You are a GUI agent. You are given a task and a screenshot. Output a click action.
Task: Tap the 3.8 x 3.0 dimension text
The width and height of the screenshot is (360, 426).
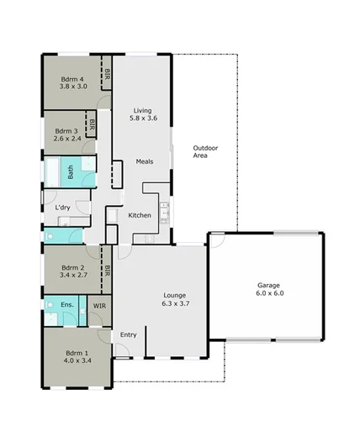click(73, 85)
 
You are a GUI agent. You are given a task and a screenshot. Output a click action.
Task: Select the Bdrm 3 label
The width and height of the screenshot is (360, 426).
click(66, 131)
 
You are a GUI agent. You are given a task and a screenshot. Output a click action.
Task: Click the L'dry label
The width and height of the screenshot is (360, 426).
click(62, 208)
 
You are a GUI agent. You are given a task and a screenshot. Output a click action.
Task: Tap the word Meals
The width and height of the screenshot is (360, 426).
click(144, 162)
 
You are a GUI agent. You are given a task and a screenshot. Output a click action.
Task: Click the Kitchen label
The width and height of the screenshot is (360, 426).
click(139, 216)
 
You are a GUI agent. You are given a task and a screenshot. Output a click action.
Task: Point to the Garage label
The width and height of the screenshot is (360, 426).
click(269, 286)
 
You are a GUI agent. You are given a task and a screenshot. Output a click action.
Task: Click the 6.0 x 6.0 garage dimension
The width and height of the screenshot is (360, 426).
click(269, 294)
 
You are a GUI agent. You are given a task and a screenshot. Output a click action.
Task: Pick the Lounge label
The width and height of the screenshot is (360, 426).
click(175, 296)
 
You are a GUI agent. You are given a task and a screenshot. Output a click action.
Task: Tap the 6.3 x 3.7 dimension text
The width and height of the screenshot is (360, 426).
click(175, 304)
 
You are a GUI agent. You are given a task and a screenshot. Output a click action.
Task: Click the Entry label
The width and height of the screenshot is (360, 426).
click(128, 334)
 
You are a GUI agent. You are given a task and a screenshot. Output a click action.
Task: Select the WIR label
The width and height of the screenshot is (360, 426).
click(99, 307)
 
